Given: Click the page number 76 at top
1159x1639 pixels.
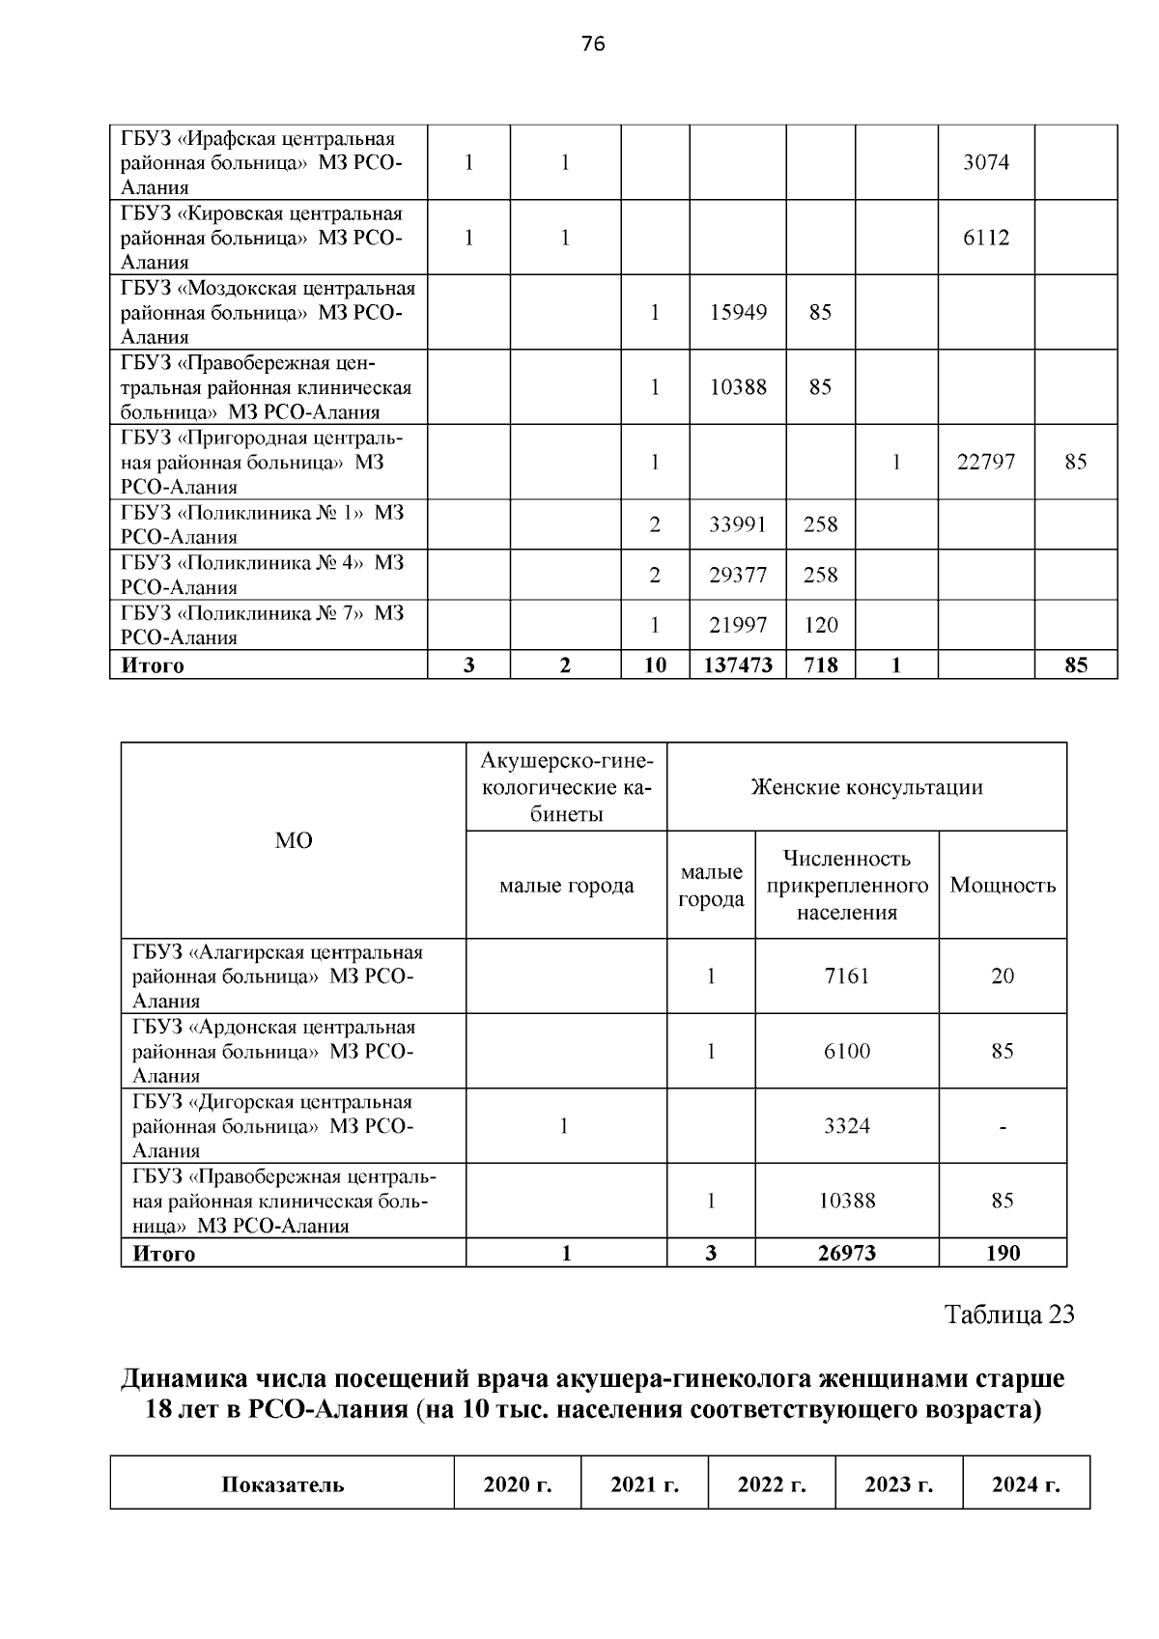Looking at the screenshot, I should (593, 43).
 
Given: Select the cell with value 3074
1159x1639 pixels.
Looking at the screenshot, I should (985, 162).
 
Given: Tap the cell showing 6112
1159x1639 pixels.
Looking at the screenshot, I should (985, 238).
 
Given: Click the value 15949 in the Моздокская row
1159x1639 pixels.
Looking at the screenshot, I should (738, 312).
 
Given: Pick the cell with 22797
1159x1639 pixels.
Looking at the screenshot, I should (985, 462).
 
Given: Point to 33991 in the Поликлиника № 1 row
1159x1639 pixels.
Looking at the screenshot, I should (738, 524).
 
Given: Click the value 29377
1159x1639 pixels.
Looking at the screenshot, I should (738, 575).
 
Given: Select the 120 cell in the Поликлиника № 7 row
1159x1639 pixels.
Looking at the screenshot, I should (820, 625).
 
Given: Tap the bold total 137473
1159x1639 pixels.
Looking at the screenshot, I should (738, 664).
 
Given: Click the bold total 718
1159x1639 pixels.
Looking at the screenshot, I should (820, 664).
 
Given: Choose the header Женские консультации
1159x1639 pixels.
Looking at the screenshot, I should (866, 787).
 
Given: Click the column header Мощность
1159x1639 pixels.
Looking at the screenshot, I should (1003, 885).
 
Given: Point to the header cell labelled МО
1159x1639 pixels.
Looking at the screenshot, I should (294, 840).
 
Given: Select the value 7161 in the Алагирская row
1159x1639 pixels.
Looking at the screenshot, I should (846, 975).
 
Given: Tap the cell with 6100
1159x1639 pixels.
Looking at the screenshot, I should (846, 1051).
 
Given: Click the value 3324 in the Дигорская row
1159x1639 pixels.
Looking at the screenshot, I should (846, 1126).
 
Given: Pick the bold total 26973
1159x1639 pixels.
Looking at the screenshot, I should (846, 1253).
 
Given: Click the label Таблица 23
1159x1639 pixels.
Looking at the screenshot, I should (1008, 1314).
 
